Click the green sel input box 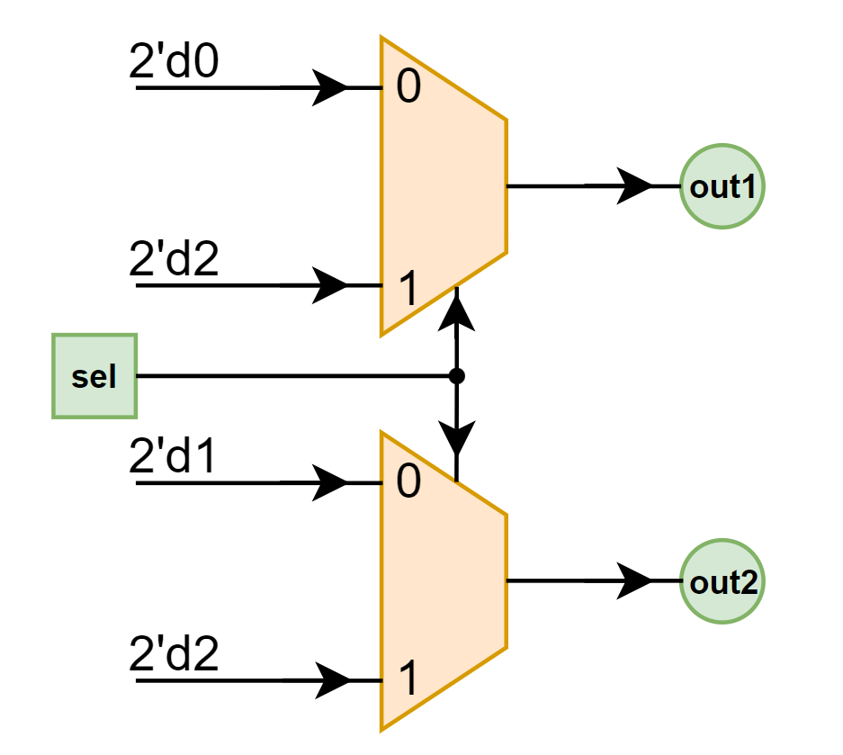(94, 376)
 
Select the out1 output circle (722, 187)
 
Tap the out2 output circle (722, 581)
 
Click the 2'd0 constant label (175, 64)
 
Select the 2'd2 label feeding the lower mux (175, 655)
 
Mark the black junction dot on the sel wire (457, 376)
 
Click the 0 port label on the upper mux (408, 90)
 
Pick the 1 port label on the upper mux (408, 290)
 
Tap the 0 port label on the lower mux (408, 484)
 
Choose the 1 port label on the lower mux (408, 680)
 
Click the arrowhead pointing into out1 (636, 187)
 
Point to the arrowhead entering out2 (636, 581)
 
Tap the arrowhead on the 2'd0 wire (331, 88)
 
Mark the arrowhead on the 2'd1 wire (331, 483)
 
